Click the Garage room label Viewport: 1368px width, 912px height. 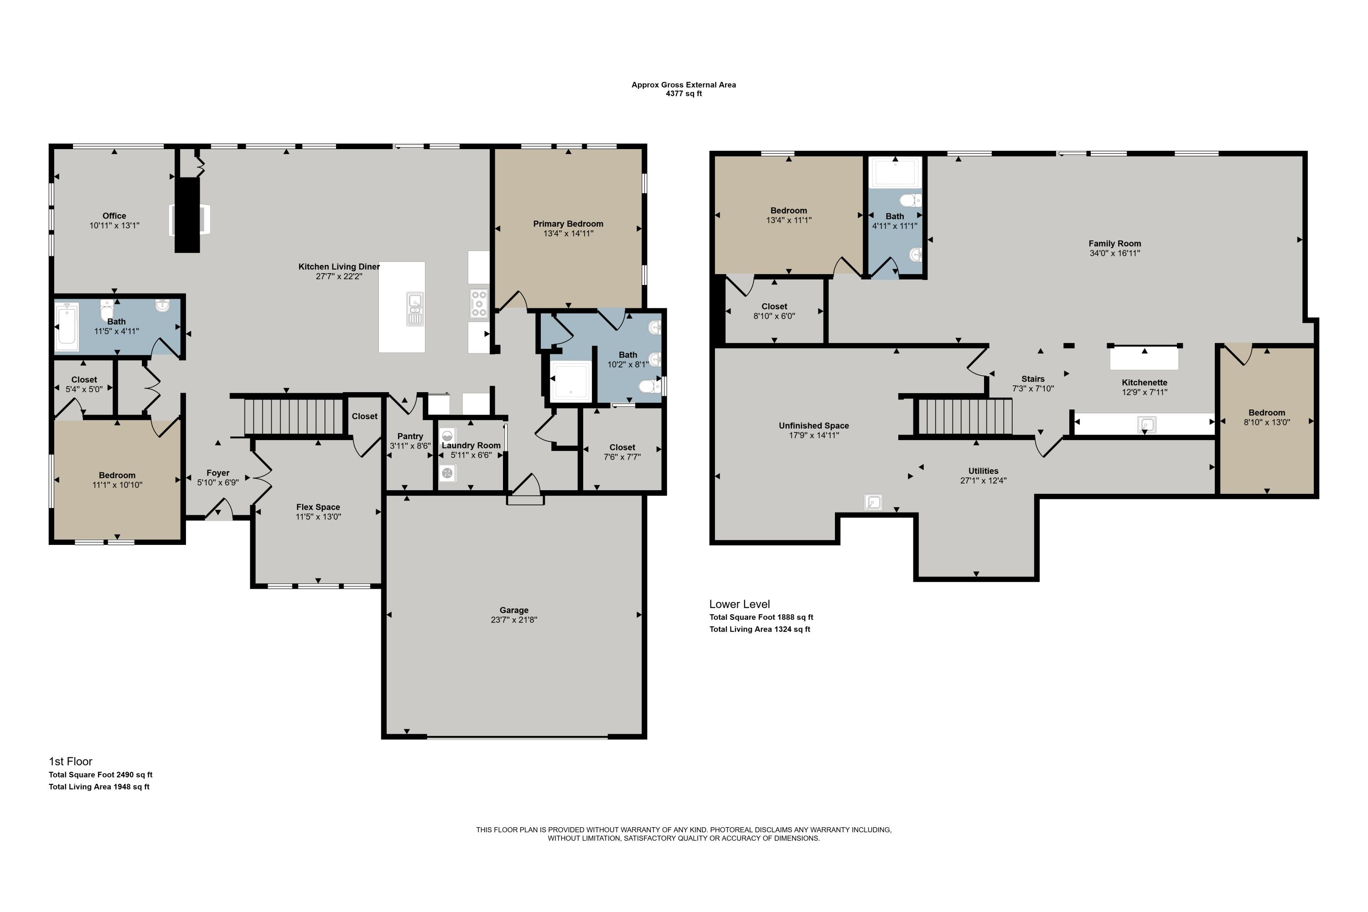click(x=513, y=610)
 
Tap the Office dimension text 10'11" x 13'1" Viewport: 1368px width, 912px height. click(x=114, y=226)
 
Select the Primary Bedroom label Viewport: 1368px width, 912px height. click(x=568, y=224)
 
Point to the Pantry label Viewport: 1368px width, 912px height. click(x=410, y=436)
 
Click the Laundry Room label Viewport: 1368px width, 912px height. click(x=471, y=446)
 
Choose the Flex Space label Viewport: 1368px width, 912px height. click(x=318, y=507)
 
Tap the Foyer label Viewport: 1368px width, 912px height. click(x=218, y=473)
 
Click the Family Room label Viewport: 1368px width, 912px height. click(x=1115, y=244)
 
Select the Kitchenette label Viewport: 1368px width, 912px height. click(x=1145, y=383)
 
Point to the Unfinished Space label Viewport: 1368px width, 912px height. click(x=814, y=426)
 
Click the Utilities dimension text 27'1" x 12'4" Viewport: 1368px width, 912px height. click(x=984, y=481)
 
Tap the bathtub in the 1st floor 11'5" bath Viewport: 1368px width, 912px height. click(x=67, y=327)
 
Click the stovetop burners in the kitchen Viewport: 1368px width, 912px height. click(x=479, y=304)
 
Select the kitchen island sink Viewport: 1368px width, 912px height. click(x=415, y=308)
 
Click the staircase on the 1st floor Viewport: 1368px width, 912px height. click(x=294, y=415)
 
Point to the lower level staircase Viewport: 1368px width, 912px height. click(x=965, y=416)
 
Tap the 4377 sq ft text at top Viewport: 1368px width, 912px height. click(x=684, y=93)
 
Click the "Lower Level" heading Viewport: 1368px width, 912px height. click(x=739, y=604)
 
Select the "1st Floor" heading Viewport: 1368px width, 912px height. click(x=70, y=762)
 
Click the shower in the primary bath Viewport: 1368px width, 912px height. click(x=570, y=382)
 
